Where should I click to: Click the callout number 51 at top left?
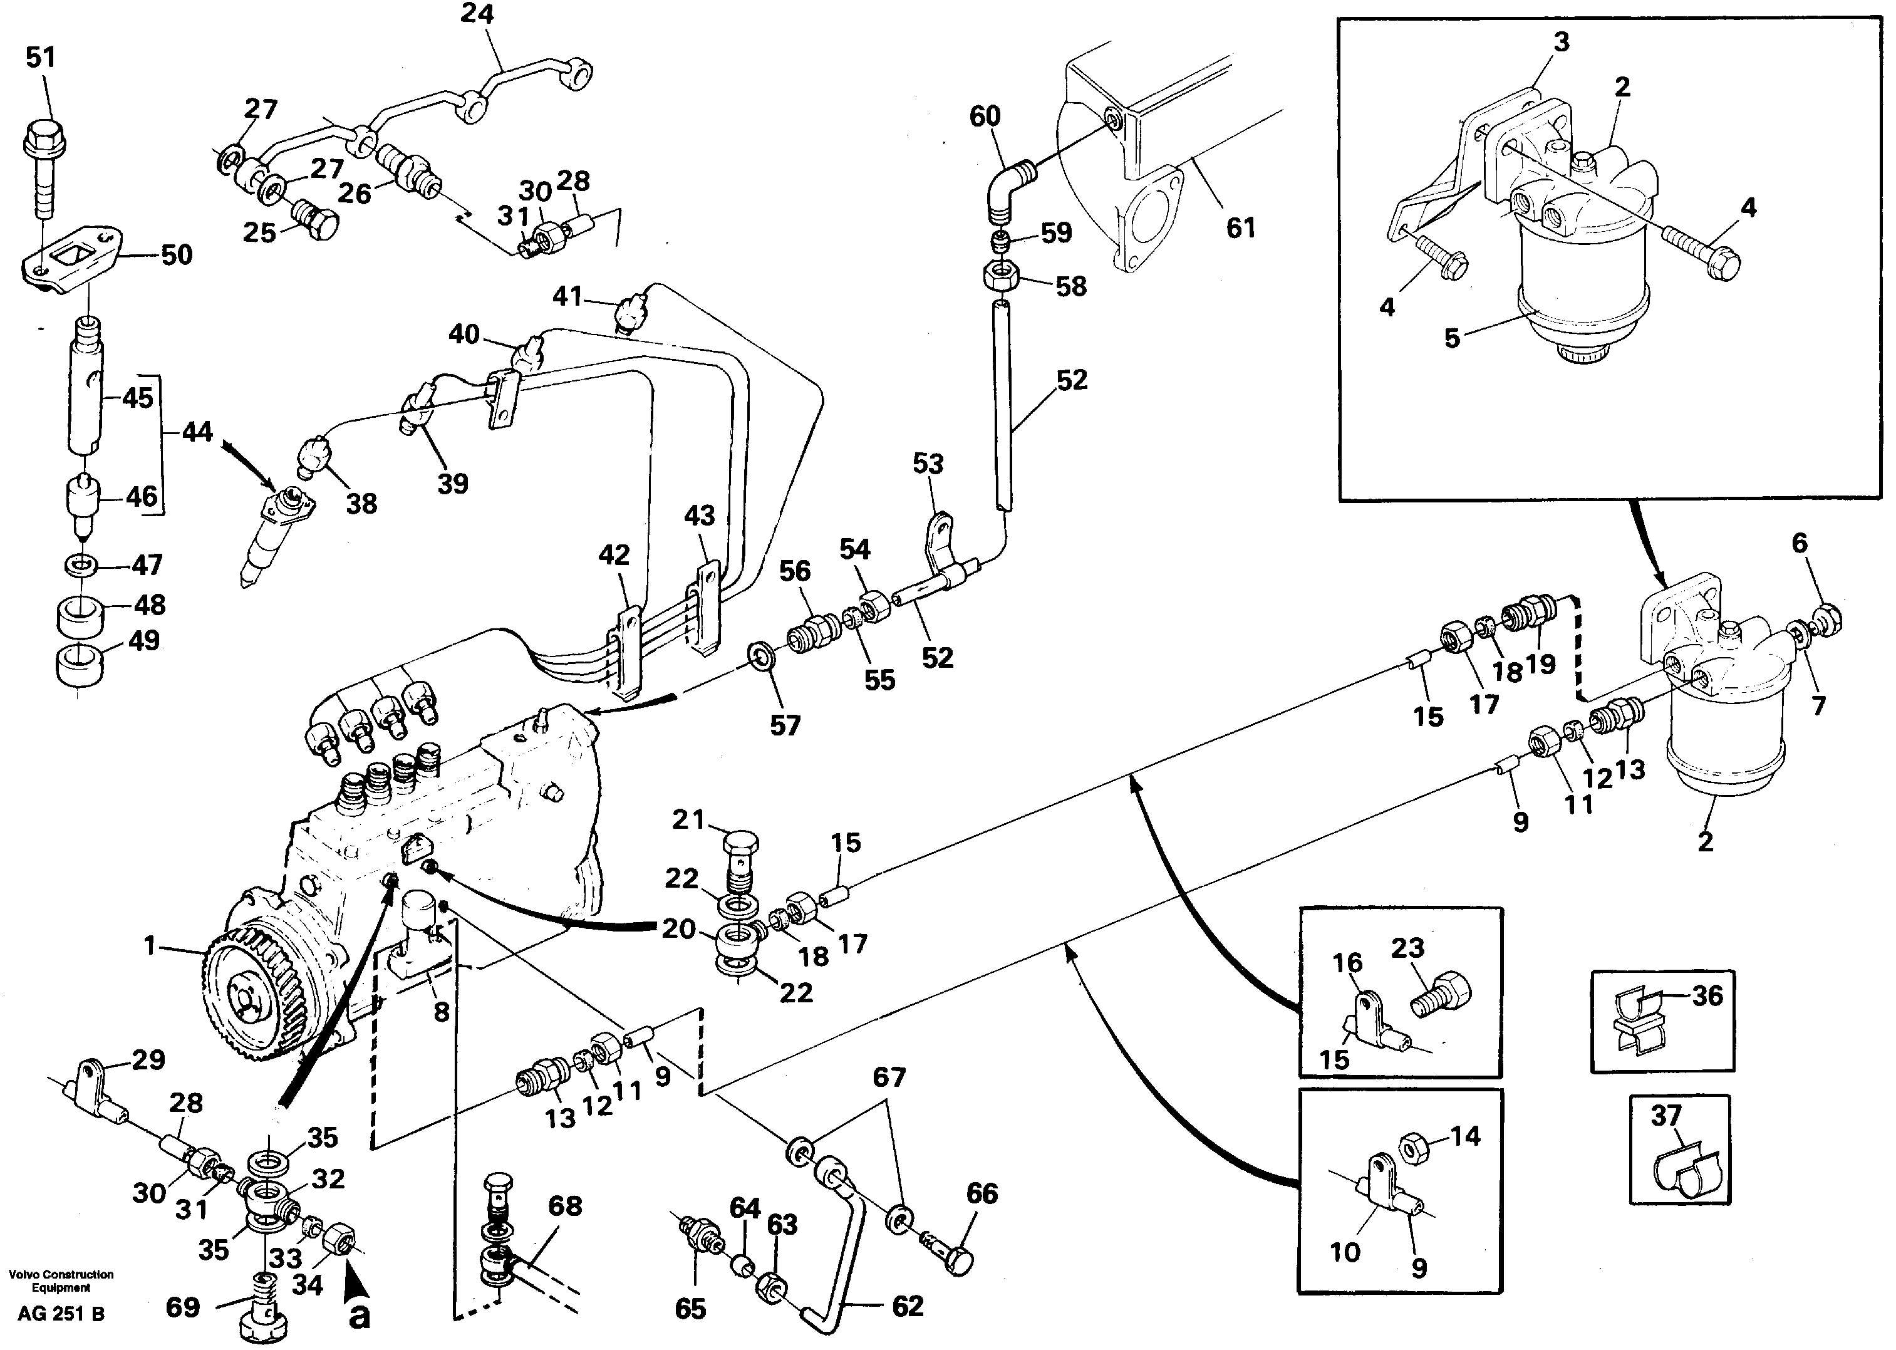pos(41,58)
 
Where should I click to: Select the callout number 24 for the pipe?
pos(477,14)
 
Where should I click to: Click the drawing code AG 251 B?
pos(61,1314)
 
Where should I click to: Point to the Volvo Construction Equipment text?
pos(61,1281)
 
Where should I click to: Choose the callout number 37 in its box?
pos(1665,1114)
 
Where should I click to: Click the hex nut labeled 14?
pos(1412,1148)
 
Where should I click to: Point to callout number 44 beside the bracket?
pos(197,432)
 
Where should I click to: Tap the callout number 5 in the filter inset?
pos(1451,338)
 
